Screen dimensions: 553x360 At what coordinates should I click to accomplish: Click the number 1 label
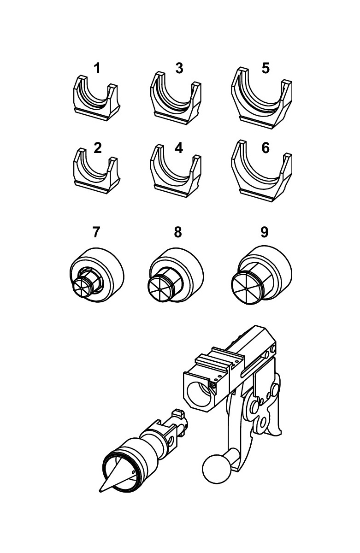point(97,69)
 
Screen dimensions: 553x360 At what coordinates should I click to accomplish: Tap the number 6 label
point(266,148)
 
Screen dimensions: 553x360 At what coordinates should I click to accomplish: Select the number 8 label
point(178,232)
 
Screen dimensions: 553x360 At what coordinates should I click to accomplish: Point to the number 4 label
point(179,148)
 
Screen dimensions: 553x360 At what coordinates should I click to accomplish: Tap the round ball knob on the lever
point(216,469)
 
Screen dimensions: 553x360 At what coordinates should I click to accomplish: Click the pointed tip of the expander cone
point(101,491)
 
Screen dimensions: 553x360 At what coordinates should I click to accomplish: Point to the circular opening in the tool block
point(200,391)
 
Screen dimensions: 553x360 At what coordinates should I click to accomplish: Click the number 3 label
point(179,68)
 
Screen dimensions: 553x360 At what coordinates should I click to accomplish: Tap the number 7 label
point(96,232)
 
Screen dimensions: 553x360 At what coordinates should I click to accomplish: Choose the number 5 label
point(266,68)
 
